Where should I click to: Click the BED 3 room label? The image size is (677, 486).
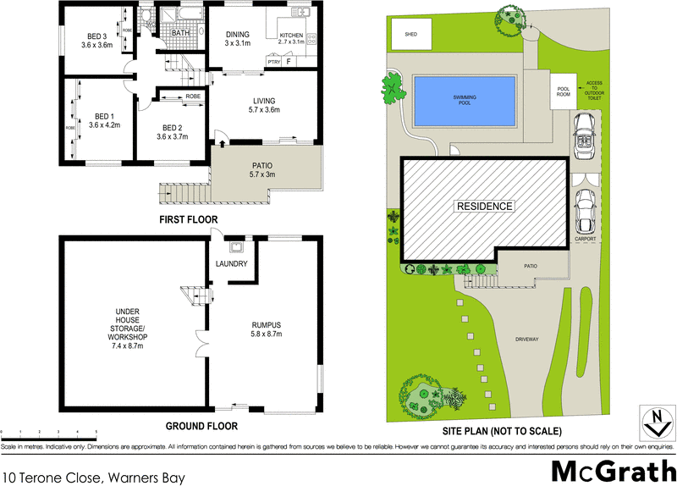[97, 36]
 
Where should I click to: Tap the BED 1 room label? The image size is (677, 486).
[104, 116]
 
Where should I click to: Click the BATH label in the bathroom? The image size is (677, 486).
[180, 33]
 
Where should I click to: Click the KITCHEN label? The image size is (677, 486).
[291, 36]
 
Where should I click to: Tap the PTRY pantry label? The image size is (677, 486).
[273, 62]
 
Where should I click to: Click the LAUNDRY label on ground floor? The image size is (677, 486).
[231, 264]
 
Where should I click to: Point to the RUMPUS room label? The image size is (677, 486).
[266, 324]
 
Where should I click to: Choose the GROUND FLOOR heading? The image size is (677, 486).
[201, 426]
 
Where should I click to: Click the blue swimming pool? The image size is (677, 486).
[464, 98]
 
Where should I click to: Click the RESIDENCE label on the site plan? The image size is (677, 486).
[484, 207]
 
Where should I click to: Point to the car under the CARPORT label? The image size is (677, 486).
[584, 212]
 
